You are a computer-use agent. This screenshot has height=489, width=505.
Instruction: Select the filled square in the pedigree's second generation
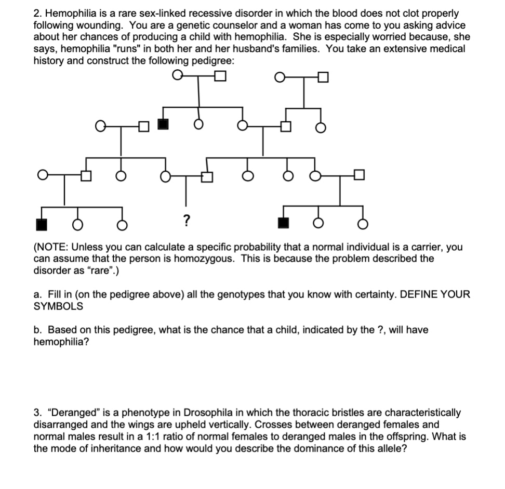[163, 125]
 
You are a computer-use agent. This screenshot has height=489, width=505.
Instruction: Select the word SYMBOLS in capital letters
[58, 306]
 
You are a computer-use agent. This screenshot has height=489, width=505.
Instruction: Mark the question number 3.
[36, 413]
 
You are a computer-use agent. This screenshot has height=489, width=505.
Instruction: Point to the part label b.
[37, 330]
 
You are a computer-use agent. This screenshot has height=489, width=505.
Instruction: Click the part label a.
[36, 294]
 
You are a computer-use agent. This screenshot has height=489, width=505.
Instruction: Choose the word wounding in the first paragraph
[77, 25]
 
